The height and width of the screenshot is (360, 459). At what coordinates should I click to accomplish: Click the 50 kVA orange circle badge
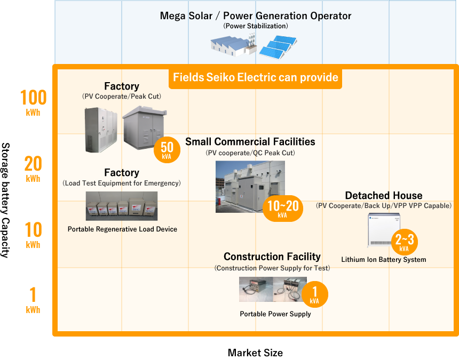coord(167,150)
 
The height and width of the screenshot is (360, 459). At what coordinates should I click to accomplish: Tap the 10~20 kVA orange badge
coord(283,208)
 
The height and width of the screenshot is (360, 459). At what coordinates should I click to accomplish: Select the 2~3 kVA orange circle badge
coord(404,242)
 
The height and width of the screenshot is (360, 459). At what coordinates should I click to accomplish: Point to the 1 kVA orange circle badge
coord(315,294)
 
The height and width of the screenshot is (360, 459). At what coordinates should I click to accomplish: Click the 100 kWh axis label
coord(33,102)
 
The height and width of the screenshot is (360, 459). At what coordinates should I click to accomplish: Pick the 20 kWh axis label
coord(33,169)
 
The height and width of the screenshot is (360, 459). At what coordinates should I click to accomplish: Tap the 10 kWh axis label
coord(33,235)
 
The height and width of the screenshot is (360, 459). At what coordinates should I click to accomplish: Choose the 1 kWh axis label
coord(33,300)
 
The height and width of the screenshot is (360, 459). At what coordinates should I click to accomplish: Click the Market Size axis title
coord(255,353)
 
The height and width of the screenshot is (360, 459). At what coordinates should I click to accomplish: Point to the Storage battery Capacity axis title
coord(5,201)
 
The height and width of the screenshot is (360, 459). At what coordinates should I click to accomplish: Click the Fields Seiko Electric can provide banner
coord(255,77)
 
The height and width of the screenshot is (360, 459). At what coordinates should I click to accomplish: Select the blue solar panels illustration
coord(278,46)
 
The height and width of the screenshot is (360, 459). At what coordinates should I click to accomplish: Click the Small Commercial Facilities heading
coord(250,141)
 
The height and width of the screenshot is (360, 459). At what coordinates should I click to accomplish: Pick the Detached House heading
coord(384,195)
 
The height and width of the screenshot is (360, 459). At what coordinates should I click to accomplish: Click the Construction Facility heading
coord(272,257)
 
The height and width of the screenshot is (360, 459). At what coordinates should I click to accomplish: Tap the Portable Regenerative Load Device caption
coord(122,229)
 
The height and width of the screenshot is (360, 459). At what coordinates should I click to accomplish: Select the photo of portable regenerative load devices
coord(122,206)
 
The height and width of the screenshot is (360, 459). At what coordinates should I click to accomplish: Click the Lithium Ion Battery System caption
coord(384,259)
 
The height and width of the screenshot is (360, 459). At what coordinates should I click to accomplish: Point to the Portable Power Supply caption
coord(275,314)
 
